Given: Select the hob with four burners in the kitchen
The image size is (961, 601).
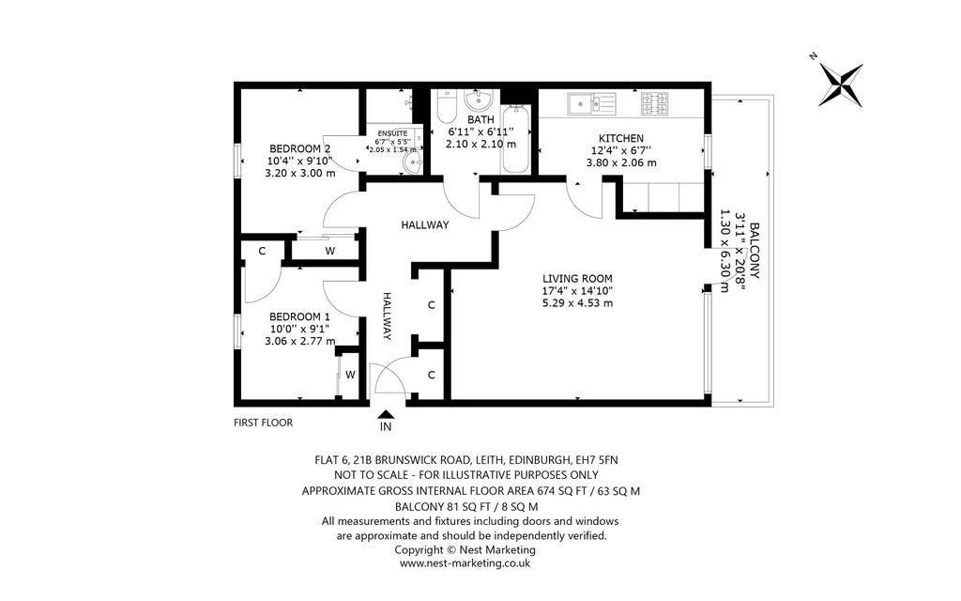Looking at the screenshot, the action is point(655,103).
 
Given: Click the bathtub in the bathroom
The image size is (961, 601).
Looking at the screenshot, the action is point(515,139).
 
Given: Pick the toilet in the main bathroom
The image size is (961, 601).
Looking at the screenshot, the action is point(446,107).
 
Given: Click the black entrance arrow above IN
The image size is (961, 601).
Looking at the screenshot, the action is point(386,415).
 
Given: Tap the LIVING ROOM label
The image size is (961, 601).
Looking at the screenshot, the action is point(577,278).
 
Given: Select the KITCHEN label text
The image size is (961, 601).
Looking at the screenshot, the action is point(621,139).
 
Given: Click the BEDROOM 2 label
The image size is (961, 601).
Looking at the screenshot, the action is point(299,148).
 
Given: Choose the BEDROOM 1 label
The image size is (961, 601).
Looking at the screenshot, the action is point(299,316).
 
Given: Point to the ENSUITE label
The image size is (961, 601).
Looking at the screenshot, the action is point(392,133).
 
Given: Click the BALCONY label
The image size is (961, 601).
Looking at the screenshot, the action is point(755,251).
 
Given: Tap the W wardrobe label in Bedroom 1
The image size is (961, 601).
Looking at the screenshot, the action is point(350,374).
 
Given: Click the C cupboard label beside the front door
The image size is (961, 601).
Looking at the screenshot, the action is point(432,375).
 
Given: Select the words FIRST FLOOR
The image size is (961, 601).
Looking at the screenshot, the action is point(264,423).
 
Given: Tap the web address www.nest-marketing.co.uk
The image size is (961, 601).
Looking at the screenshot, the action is point(465,563).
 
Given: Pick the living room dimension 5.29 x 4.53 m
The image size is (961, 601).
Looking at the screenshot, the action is point(577,303).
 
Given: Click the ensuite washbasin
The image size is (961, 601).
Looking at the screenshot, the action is point(413,162).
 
